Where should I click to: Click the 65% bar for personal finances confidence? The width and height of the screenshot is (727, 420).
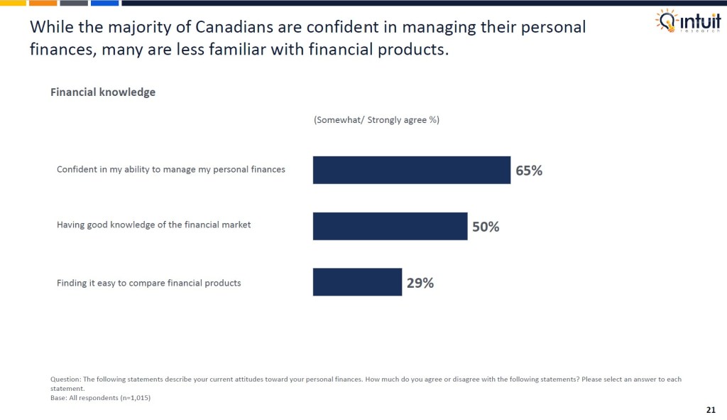pos(411,170)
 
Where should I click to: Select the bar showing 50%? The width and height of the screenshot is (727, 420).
pos(390,226)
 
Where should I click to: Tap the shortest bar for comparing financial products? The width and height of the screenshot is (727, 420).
pos(357,282)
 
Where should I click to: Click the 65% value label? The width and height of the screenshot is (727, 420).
pos(529,171)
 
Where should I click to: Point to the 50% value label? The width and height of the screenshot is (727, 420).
pos(486,227)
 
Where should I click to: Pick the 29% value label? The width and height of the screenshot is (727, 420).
pos(420,283)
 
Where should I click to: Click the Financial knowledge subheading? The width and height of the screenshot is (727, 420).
pos(103,92)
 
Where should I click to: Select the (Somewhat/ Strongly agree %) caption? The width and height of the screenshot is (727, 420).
pos(376,120)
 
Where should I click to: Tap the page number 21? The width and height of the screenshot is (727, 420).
pos(711,410)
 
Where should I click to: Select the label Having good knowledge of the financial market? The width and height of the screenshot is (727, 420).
pos(153,225)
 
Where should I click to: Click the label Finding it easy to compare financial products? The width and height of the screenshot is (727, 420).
pos(148,283)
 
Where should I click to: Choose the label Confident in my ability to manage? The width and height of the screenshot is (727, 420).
pos(170,169)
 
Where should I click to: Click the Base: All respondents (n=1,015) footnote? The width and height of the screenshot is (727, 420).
pos(101,398)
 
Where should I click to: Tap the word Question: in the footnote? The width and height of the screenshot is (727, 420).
pos(66,379)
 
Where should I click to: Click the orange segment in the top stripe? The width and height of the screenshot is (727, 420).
pos(43,3)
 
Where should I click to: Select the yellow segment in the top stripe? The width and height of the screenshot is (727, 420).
pos(13,3)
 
